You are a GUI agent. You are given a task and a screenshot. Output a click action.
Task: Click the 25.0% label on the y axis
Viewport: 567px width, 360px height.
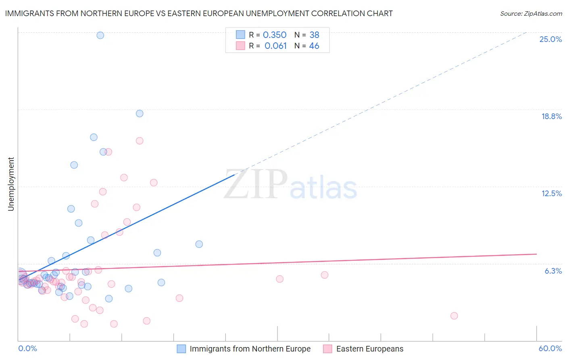pyautogui.click(x=550, y=39)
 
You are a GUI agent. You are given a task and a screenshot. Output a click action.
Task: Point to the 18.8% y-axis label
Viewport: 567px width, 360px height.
pyautogui.click(x=551, y=116)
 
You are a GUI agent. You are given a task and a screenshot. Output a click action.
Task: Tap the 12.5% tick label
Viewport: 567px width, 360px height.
pyautogui.click(x=551, y=193)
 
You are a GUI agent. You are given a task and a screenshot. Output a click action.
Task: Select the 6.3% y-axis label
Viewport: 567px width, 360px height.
pyautogui.click(x=553, y=271)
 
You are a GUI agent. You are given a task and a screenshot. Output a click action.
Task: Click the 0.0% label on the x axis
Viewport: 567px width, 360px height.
pyautogui.click(x=27, y=348)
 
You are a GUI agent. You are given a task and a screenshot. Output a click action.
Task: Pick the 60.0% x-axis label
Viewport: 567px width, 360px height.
pyautogui.click(x=550, y=348)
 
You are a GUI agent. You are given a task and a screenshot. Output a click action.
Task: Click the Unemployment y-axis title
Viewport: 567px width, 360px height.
pyautogui.click(x=11, y=184)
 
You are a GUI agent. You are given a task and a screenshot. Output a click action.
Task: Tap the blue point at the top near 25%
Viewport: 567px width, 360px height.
pyautogui.click(x=100, y=35)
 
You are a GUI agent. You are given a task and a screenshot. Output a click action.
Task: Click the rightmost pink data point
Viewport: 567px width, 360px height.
pyautogui.click(x=454, y=316)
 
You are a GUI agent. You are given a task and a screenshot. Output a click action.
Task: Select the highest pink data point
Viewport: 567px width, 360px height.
pyautogui.click(x=140, y=141)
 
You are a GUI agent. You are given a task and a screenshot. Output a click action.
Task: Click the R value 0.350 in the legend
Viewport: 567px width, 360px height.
pyautogui.click(x=275, y=35)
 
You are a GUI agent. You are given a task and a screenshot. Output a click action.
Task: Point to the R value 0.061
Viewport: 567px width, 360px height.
pyautogui.click(x=275, y=46)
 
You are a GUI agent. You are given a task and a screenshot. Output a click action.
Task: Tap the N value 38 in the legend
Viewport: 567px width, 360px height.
pyautogui.click(x=315, y=35)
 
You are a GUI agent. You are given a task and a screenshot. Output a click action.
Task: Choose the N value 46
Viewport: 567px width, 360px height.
pyautogui.click(x=314, y=46)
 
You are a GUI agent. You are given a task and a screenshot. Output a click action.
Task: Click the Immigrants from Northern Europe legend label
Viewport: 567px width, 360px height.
pyautogui.click(x=250, y=349)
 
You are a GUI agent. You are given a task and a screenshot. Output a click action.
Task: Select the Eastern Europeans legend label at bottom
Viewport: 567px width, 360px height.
pyautogui.click(x=369, y=349)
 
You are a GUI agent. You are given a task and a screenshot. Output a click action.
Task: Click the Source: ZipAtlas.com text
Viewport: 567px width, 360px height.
pyautogui.click(x=531, y=14)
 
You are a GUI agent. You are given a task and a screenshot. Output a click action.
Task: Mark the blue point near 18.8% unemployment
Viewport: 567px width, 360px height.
pyautogui.click(x=140, y=113)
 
